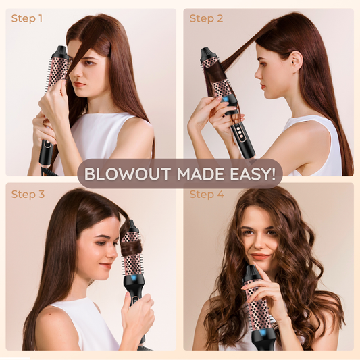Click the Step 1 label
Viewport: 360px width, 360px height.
[x=27, y=18]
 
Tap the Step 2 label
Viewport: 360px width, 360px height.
[x=206, y=18]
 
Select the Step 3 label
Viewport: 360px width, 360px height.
[x=28, y=195]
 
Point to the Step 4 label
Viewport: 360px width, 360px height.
[x=207, y=195]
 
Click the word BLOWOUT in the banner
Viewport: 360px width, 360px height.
[x=128, y=174]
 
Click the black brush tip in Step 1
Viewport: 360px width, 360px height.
[x=61, y=52]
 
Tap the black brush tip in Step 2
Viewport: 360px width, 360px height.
[x=207, y=54]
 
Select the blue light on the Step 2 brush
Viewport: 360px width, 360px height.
[x=226, y=100]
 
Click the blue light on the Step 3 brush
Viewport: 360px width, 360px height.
[x=134, y=278]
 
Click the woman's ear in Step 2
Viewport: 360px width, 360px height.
[x=297, y=62]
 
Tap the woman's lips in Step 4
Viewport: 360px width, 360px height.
[x=261, y=257]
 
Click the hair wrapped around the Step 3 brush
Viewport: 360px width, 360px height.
[x=131, y=247]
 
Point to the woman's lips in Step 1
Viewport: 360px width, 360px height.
[x=79, y=84]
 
